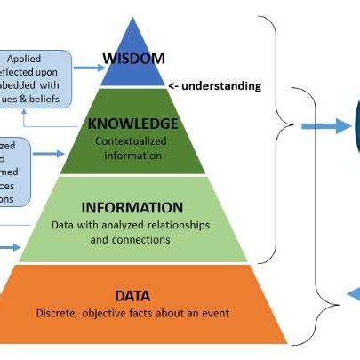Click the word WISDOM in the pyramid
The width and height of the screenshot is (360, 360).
point(134,60)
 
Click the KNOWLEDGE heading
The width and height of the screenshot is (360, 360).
point(132,124)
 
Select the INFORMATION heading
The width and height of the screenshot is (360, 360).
point(132,207)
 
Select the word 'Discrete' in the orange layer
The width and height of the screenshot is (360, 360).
point(59,313)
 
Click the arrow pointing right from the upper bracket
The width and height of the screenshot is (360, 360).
point(325,126)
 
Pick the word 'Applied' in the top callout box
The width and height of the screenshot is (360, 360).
point(40,58)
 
